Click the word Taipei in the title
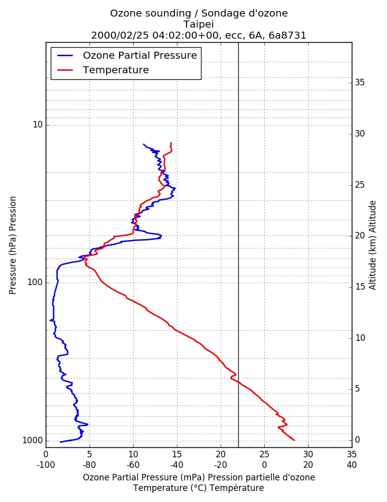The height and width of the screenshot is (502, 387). click(x=199, y=24)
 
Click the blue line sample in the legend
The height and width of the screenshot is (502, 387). click(x=65, y=55)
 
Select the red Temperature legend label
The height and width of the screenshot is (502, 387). click(x=116, y=70)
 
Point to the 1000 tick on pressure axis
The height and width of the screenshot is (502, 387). click(x=33, y=441)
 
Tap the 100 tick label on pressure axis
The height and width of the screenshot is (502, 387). click(x=35, y=282)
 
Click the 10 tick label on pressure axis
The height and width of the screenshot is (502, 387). click(x=38, y=124)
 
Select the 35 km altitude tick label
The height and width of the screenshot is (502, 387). click(x=360, y=83)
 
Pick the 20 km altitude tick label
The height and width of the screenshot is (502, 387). click(x=360, y=235)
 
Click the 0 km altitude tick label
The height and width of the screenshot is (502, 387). click(x=357, y=440)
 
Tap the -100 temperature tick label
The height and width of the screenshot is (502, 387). click(x=46, y=465)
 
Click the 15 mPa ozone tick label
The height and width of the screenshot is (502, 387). click(x=177, y=454)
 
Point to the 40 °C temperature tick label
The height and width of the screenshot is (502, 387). click(x=352, y=465)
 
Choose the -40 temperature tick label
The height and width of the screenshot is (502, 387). click(x=177, y=465)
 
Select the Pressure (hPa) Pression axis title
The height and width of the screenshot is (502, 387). click(x=13, y=245)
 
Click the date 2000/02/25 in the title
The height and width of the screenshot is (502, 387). click(x=120, y=35)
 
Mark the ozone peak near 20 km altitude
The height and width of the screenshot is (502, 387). click(x=161, y=236)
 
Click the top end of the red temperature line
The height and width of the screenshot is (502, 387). click(x=171, y=143)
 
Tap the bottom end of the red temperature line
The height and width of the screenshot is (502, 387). click(x=294, y=440)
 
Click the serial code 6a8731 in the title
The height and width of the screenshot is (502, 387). click(x=287, y=35)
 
